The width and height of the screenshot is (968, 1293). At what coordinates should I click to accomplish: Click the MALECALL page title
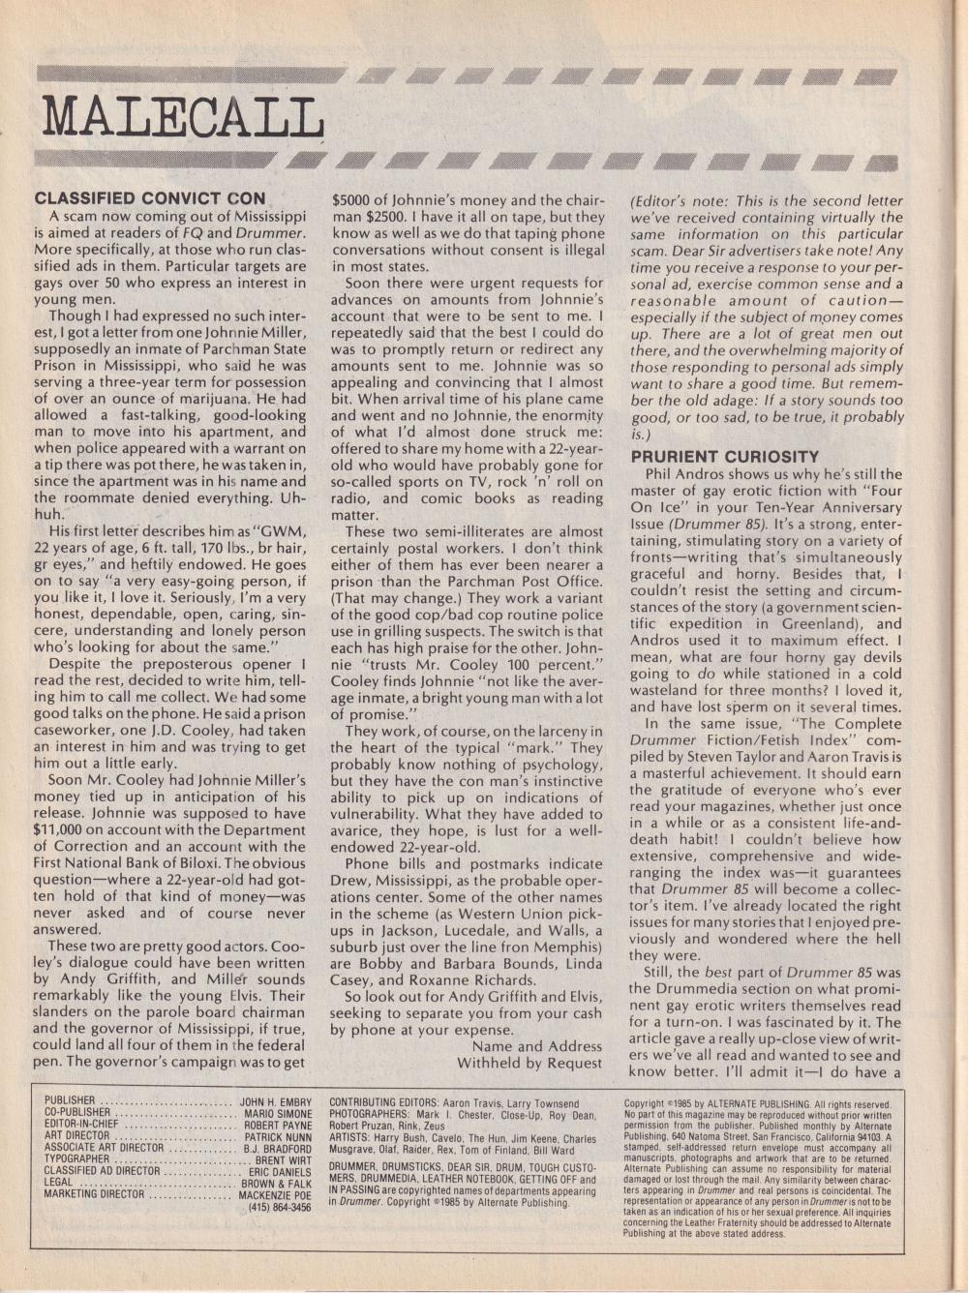pos(183,118)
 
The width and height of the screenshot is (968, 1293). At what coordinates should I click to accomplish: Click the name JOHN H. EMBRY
pos(275,1101)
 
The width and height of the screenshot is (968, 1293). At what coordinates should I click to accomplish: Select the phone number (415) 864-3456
pos(280,1207)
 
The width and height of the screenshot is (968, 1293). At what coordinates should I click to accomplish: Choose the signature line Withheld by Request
pos(529,1063)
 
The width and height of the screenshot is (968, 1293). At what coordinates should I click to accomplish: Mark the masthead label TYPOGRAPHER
pos(76,1159)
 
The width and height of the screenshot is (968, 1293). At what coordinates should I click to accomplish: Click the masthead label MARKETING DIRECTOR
pos(93,1194)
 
